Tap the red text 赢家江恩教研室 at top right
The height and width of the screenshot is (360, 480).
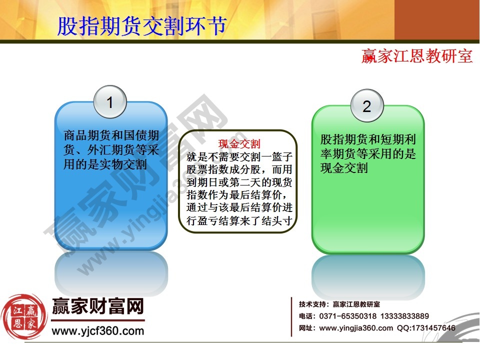[417, 55]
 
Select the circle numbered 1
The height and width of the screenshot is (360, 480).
[110, 103]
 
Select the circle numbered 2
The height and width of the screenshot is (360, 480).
[366, 106]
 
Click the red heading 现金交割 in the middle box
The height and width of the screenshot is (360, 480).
[239, 144]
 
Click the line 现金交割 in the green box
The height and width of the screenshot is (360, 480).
[344, 168]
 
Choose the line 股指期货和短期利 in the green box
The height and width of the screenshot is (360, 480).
[368, 140]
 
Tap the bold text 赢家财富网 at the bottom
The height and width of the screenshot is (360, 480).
[98, 305]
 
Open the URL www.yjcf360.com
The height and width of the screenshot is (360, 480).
[98, 330]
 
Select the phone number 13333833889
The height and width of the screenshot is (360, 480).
[404, 316]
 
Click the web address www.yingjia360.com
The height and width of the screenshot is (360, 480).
[356, 328]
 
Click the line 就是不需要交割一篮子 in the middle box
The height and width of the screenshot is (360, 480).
[238, 156]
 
